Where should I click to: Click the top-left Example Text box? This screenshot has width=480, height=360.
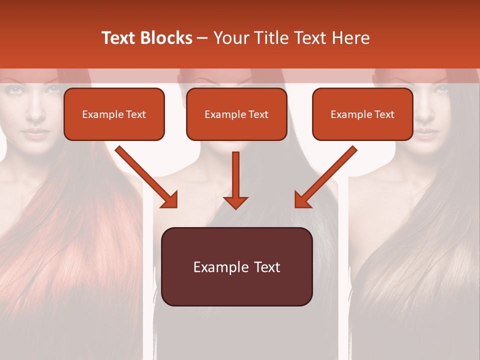point(114,114)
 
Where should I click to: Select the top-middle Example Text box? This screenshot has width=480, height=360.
point(236,114)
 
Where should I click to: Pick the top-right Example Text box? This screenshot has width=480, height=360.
point(362,114)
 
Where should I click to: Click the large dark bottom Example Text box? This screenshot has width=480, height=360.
point(236,266)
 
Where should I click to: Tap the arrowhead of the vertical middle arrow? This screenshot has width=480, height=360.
point(235,202)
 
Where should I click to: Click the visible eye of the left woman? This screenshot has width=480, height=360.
point(14,90)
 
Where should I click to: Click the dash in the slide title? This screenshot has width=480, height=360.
point(202,38)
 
